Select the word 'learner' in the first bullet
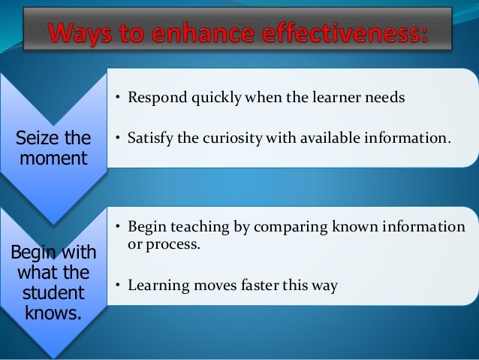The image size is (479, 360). [x=326, y=97]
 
